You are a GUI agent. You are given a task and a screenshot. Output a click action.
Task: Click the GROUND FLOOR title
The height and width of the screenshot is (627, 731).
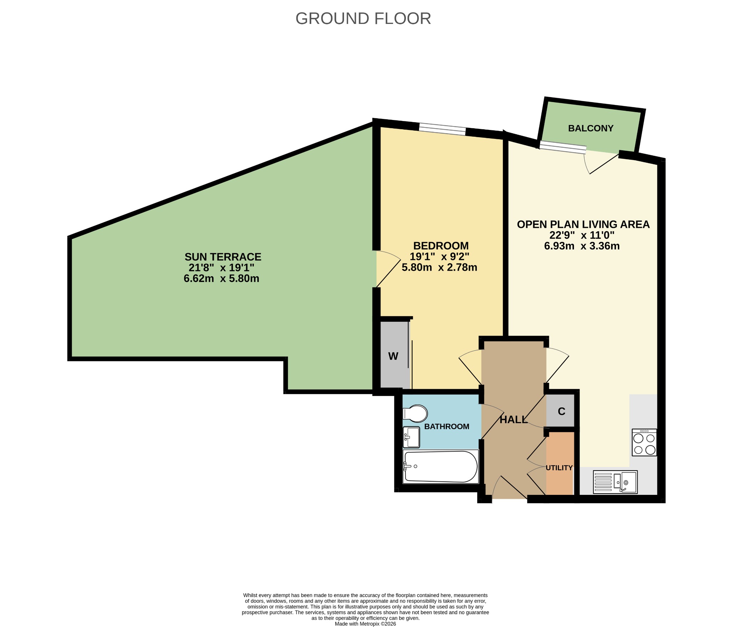[363, 19]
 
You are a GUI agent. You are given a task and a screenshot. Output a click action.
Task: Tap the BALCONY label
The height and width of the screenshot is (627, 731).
[591, 128]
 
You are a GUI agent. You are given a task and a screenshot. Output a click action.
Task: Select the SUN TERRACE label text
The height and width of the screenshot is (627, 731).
[223, 257]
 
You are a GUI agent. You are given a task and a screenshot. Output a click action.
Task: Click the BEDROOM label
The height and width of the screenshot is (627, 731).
[441, 246]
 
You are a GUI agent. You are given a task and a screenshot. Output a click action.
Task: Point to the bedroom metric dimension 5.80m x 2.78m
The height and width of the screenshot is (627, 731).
[439, 267]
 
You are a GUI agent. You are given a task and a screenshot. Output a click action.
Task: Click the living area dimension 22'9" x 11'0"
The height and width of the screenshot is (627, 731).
[582, 235]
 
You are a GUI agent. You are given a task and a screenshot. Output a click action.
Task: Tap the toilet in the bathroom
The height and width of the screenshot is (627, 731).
[415, 413]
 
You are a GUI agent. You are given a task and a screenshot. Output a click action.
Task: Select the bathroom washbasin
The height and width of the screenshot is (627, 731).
[411, 437]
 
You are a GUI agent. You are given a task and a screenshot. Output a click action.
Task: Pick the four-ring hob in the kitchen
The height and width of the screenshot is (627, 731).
[644, 442]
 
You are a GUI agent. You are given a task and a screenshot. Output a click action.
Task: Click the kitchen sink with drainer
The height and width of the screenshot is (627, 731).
[615, 482]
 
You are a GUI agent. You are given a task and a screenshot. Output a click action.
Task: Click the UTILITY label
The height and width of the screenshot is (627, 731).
[559, 468]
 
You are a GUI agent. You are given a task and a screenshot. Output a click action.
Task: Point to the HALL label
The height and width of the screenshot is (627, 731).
[514, 420]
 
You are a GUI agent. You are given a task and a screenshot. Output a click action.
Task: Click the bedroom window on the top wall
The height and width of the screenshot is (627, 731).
[442, 129]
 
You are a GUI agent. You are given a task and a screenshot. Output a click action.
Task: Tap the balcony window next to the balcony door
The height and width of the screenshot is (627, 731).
[563, 147]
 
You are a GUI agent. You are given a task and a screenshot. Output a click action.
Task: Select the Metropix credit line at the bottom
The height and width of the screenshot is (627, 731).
[365, 624]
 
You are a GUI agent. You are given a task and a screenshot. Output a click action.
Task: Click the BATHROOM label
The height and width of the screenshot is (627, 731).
[447, 426]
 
